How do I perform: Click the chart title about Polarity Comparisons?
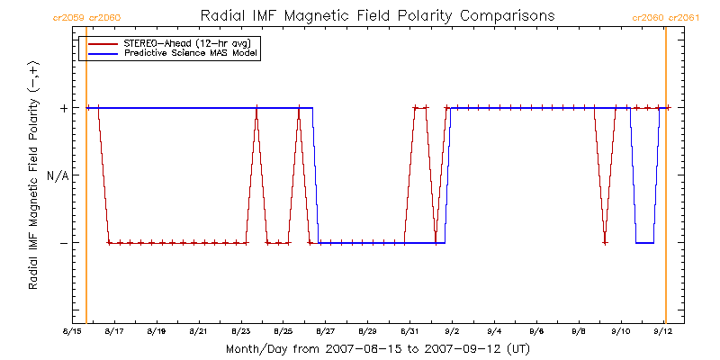coord(377,16)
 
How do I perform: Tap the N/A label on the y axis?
coord(58,175)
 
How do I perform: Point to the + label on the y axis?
coord(63,108)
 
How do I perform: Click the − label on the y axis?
coord(63,242)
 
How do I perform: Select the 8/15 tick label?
coord(73,331)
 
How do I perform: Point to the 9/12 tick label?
coord(663,331)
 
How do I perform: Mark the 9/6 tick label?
coord(536,331)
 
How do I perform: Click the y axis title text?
coord(33,175)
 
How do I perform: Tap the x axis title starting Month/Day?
coord(377,349)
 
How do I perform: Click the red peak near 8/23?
coord(256,108)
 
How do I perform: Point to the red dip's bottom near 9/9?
coord(605,242)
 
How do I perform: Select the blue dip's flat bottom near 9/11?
coord(644,242)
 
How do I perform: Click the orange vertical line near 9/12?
coord(666,175)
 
